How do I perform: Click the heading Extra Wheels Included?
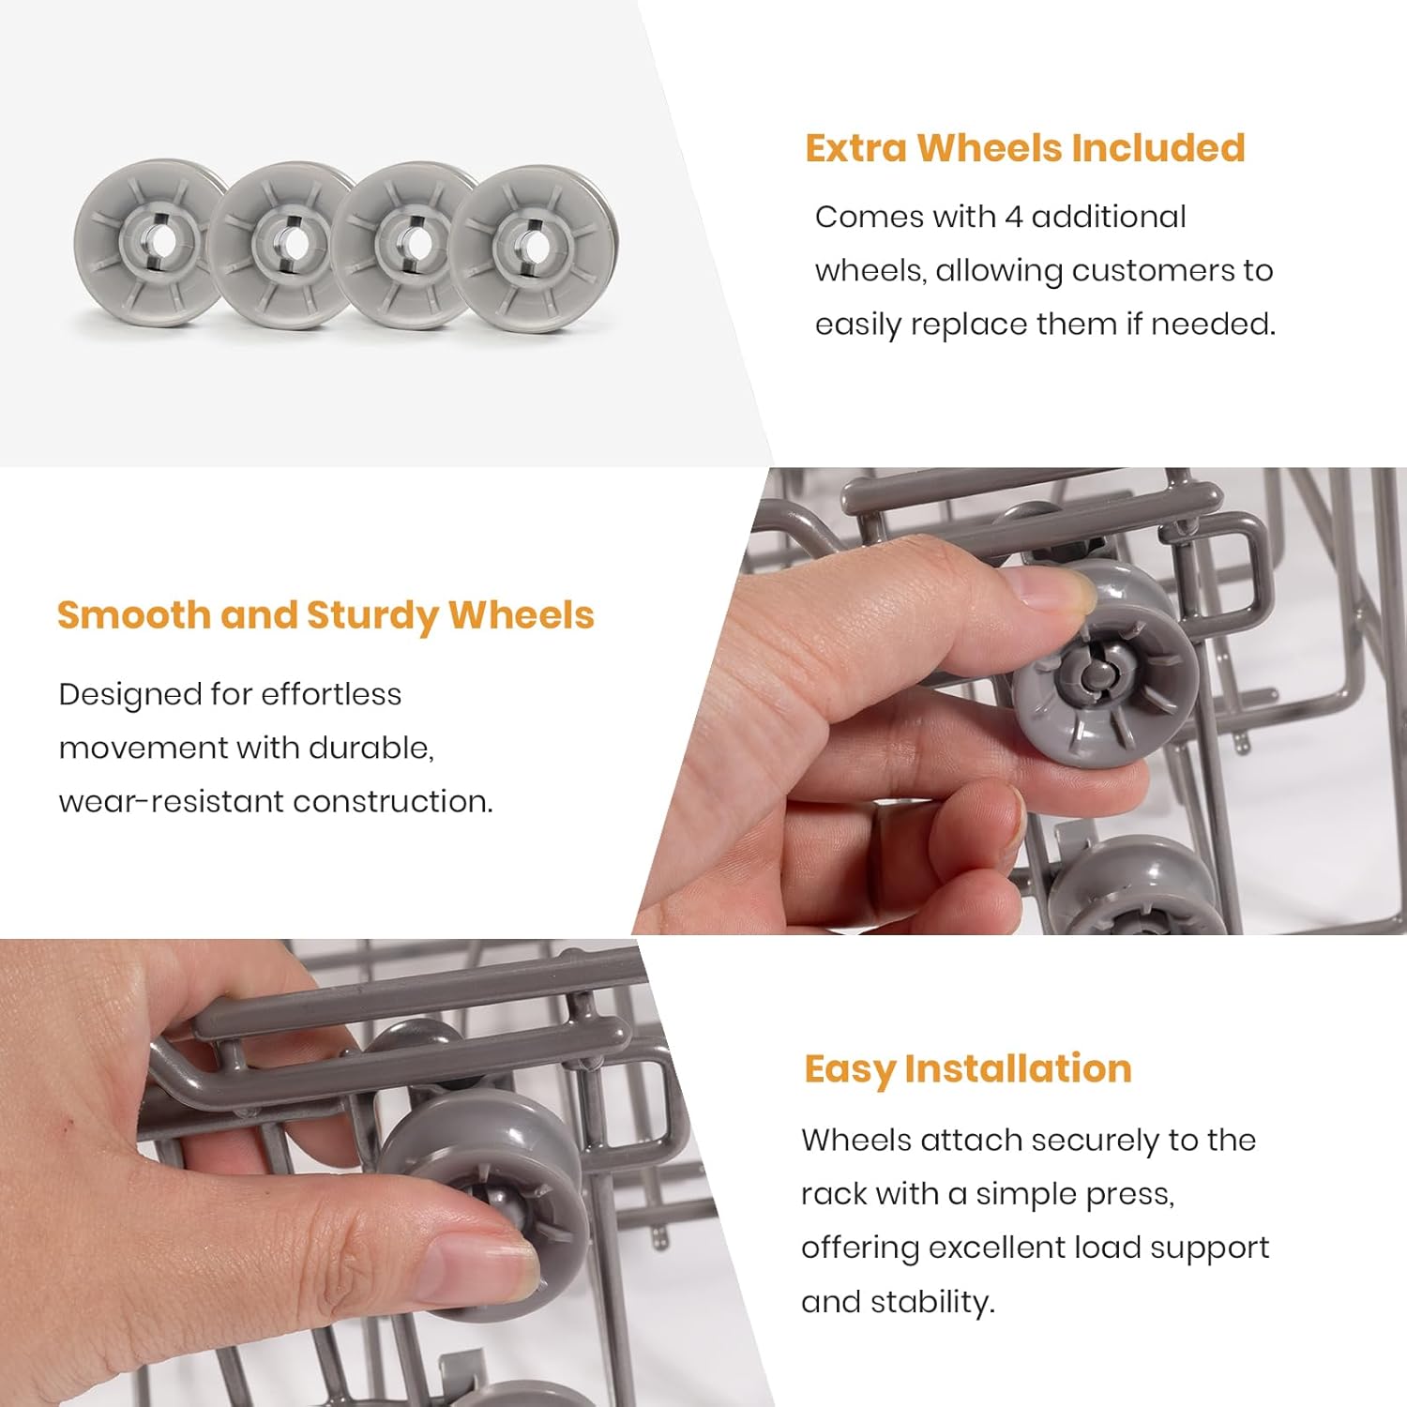(x=1024, y=148)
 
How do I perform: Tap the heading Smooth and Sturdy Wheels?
(x=325, y=615)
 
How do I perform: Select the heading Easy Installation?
(x=967, y=1069)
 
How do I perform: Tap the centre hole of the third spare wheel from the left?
(x=416, y=246)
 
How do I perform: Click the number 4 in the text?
(x=1013, y=218)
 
